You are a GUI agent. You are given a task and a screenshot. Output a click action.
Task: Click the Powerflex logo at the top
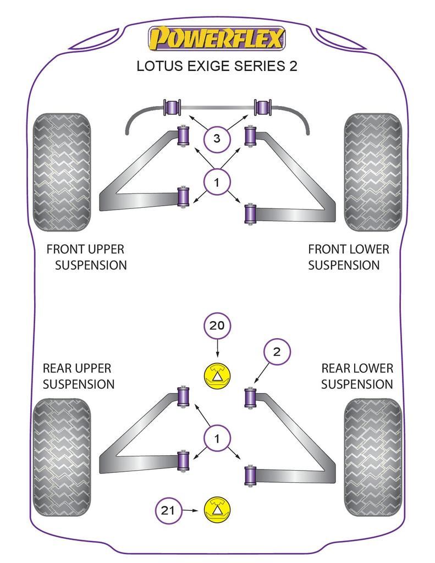[x=217, y=38]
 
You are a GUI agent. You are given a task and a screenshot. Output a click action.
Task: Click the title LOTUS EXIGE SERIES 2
[x=217, y=67]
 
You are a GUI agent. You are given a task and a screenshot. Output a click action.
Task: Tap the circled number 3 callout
[x=217, y=139]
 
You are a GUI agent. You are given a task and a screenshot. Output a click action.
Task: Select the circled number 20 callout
[x=217, y=325]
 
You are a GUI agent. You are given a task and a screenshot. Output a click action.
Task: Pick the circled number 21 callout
[x=168, y=511]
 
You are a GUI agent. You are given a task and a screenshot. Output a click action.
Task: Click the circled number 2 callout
[x=277, y=352]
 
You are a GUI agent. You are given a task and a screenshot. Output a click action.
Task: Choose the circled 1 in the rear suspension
[x=217, y=438]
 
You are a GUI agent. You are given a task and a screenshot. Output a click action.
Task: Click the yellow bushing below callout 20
[x=218, y=377]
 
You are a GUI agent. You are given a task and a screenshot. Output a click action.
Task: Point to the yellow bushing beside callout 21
[x=218, y=510]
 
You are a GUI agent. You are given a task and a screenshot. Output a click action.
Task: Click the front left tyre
[x=61, y=172]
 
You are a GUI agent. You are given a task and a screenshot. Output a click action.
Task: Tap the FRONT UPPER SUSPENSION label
[x=86, y=257]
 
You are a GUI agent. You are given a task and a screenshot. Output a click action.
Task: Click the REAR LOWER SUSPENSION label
[x=357, y=376]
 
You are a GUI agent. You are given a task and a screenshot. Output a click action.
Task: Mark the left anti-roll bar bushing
[x=173, y=106]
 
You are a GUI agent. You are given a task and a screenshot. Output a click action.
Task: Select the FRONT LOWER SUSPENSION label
[x=348, y=257]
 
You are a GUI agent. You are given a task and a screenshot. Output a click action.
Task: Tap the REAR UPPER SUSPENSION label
[x=78, y=376]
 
